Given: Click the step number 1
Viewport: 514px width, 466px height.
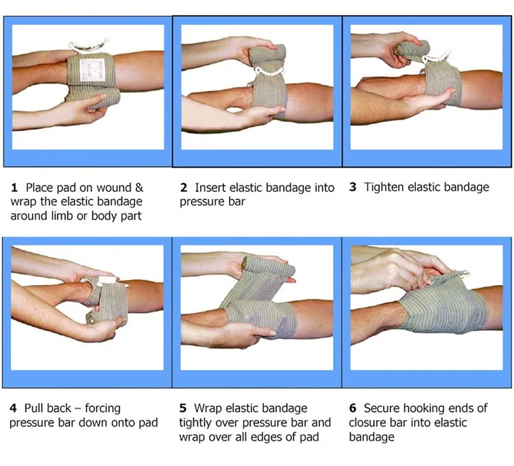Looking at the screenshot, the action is click(x=14, y=188).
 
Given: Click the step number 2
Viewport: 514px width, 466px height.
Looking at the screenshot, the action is click(x=184, y=188).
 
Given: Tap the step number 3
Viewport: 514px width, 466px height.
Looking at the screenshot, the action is click(x=353, y=187).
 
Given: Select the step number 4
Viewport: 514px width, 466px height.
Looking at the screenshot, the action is click(x=13, y=408).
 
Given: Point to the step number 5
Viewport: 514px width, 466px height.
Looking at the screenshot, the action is click(x=183, y=408).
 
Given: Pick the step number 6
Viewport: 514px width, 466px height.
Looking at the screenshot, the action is click(x=353, y=408).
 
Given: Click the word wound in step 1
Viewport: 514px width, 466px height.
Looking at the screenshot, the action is click(x=114, y=188).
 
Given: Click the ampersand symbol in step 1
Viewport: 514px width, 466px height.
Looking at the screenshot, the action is click(x=139, y=188).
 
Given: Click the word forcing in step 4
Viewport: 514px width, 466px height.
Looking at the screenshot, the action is click(x=103, y=408).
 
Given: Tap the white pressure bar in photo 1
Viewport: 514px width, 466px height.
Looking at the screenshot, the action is click(x=88, y=45).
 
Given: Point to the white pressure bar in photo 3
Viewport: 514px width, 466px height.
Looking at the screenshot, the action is click(x=436, y=58).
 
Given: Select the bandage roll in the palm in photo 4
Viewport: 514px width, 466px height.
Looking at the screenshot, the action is click(x=93, y=319).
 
